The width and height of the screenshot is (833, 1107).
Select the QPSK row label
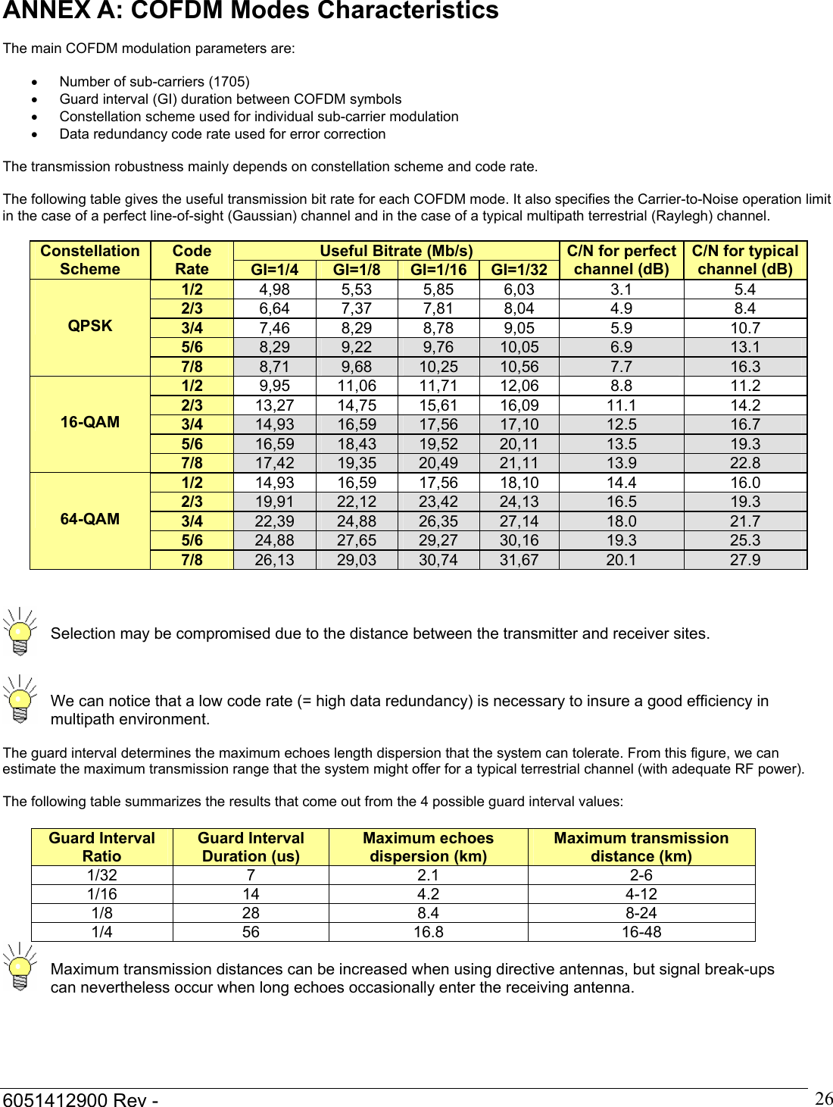[90, 326]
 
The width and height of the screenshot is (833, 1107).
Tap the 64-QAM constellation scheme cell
[90, 519]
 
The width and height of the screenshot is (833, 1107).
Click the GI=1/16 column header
[438, 270]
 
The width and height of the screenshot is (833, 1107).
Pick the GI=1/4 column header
[274, 270]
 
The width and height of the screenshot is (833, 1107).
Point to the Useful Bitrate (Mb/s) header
[396, 251]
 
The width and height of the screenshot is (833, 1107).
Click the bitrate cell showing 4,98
[274, 289]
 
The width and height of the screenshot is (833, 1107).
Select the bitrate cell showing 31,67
[519, 560]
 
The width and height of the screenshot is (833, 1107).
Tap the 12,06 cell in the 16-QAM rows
[519, 386]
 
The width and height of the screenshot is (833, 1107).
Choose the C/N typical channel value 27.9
[745, 560]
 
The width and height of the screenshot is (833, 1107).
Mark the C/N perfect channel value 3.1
[621, 289]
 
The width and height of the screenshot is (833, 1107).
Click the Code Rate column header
[192, 260]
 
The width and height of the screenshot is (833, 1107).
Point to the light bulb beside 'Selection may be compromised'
[20, 632]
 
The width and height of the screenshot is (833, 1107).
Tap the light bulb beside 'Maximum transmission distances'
[20, 967]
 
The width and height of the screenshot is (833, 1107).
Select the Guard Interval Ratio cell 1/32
[102, 875]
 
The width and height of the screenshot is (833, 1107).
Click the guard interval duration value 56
[251, 932]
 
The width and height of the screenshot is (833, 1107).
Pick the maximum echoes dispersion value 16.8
[428, 932]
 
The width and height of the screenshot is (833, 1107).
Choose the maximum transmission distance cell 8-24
[641, 913]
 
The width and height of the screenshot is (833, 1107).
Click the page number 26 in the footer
[823, 1098]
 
